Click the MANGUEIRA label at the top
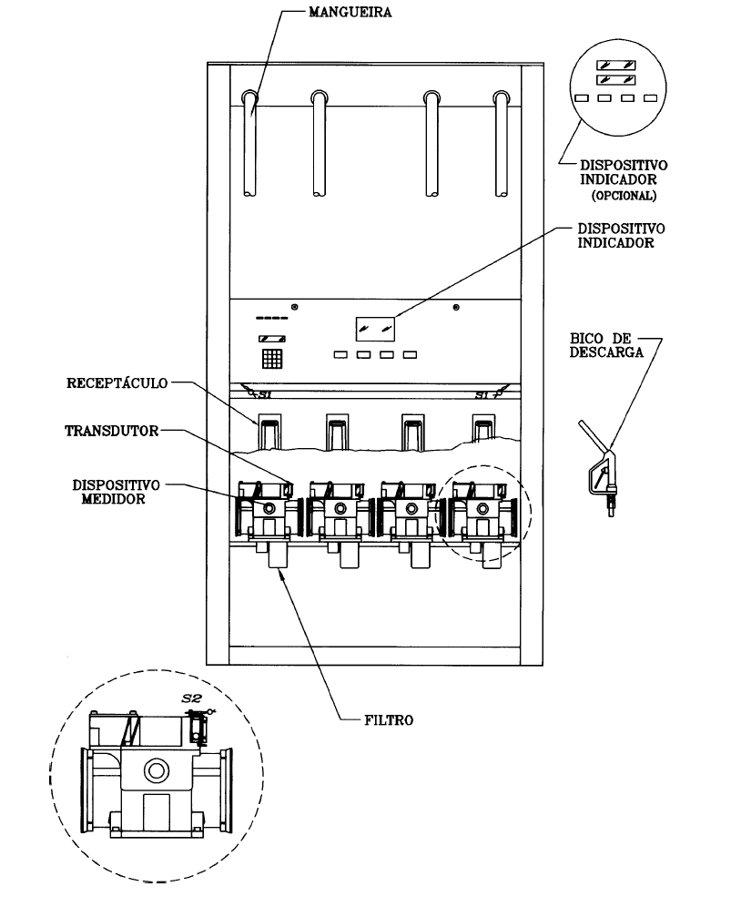(x=350, y=12)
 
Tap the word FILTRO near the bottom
(x=389, y=720)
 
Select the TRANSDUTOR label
(x=112, y=431)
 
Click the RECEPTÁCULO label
(x=117, y=383)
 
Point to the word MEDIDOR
(x=114, y=499)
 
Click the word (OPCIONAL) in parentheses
(x=624, y=196)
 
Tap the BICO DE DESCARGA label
(x=606, y=345)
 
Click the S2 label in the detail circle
(x=191, y=698)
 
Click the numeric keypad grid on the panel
(x=272, y=359)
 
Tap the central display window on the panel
(x=375, y=329)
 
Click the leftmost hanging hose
(x=249, y=144)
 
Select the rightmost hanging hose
(x=502, y=144)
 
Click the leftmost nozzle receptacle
(x=269, y=431)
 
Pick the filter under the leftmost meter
(x=279, y=555)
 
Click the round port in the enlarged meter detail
(x=156, y=771)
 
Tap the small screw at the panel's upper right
(x=456, y=307)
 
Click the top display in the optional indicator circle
(x=616, y=66)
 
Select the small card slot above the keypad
(x=272, y=339)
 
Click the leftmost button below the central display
(x=340, y=354)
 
